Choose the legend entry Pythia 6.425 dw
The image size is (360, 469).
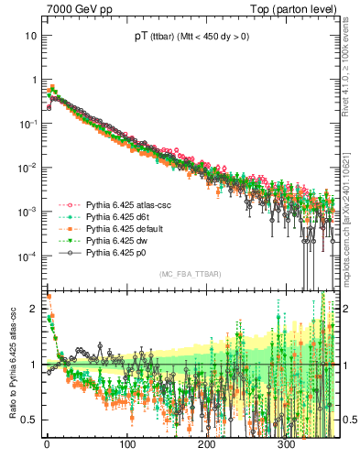pos(113,240)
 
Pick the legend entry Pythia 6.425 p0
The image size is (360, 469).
pos(113,252)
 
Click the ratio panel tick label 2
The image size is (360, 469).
pos(35,309)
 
